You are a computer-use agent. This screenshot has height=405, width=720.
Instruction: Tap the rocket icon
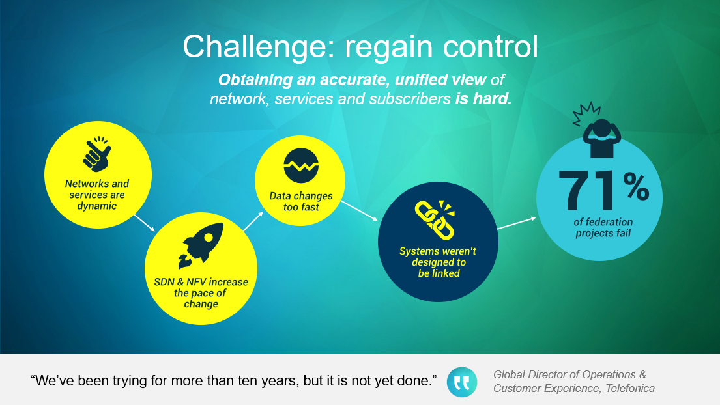[201, 245]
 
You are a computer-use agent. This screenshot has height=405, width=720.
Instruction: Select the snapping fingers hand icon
[97, 153]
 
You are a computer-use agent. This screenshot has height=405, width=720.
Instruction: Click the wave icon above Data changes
[301, 165]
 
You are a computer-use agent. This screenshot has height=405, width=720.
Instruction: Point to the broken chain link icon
[435, 219]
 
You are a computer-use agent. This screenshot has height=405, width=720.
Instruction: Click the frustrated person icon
[597, 130]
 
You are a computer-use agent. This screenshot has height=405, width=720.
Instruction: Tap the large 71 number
[588, 190]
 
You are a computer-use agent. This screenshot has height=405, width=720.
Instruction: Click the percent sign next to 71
[636, 186]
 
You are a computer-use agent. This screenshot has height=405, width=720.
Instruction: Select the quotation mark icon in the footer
[461, 382]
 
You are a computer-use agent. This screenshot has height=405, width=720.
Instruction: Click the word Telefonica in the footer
[630, 389]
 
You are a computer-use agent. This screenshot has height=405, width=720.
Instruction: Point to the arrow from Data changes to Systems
[359, 210]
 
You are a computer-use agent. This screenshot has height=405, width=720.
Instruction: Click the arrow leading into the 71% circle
[517, 223]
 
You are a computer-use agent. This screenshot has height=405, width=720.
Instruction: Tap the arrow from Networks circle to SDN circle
[144, 223]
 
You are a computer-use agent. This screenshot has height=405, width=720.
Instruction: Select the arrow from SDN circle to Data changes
[253, 221]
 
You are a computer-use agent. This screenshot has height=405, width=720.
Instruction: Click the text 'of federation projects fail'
[603, 227]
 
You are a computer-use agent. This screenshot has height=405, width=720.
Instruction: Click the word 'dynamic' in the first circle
[97, 206]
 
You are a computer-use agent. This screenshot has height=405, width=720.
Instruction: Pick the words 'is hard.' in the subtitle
[483, 98]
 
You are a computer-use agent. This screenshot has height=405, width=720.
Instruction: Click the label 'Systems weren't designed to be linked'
[438, 262]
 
